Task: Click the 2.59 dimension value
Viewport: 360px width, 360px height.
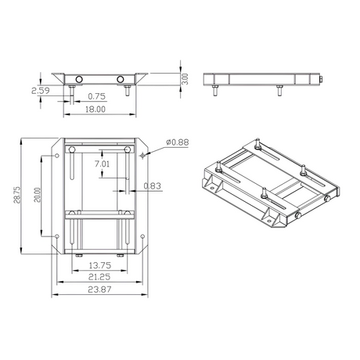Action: (41, 91)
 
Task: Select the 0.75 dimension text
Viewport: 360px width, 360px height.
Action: (97, 96)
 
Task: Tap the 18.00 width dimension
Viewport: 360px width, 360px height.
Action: (95, 109)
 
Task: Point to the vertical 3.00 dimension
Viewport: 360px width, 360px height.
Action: (185, 79)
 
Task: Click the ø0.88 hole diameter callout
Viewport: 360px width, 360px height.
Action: (178, 142)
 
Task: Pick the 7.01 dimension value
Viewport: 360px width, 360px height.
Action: (102, 164)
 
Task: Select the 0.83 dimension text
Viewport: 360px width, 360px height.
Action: (153, 185)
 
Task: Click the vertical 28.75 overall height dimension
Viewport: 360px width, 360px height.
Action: (17, 195)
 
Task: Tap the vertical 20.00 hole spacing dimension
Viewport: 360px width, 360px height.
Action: (38, 195)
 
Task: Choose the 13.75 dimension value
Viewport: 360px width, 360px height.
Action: (100, 265)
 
